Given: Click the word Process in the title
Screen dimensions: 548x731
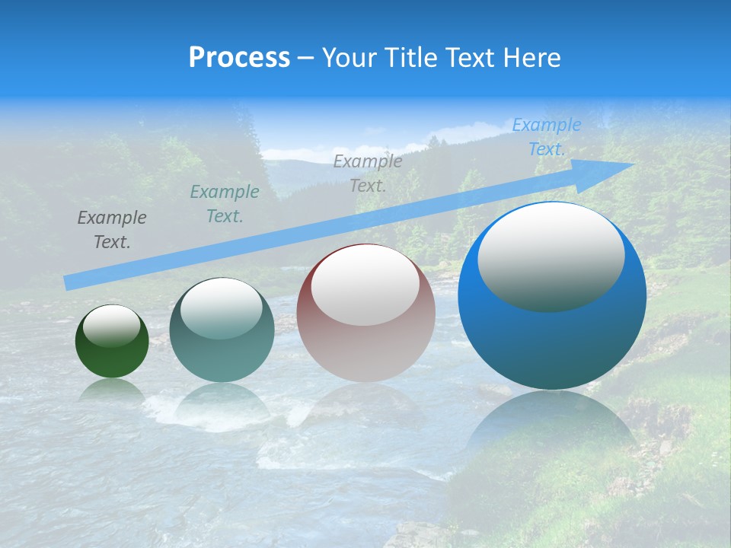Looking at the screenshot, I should [239, 58].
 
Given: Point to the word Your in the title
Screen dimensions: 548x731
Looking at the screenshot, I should [349, 58].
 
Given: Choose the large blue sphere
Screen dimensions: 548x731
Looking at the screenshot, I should [552, 342].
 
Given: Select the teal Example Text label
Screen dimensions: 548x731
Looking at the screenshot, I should [224, 204].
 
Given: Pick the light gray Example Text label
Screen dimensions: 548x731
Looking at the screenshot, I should [368, 174].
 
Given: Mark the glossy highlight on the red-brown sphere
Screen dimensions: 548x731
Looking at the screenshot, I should [365, 285].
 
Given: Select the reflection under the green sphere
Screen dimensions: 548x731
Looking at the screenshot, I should [112, 390].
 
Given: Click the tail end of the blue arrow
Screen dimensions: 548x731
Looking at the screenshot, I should [72, 282].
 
